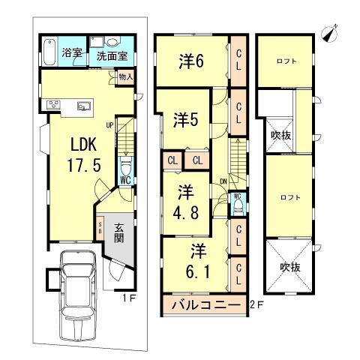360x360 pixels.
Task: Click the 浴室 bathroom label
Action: pos(72,53)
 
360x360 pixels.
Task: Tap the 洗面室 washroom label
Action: pos(109,55)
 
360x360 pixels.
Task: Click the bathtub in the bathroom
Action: pos(47,51)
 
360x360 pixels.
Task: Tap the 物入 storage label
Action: pos(125,76)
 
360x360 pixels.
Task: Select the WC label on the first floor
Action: pos(125,180)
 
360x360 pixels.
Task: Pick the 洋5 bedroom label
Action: pos(187,119)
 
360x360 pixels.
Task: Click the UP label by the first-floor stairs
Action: pos(109,125)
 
